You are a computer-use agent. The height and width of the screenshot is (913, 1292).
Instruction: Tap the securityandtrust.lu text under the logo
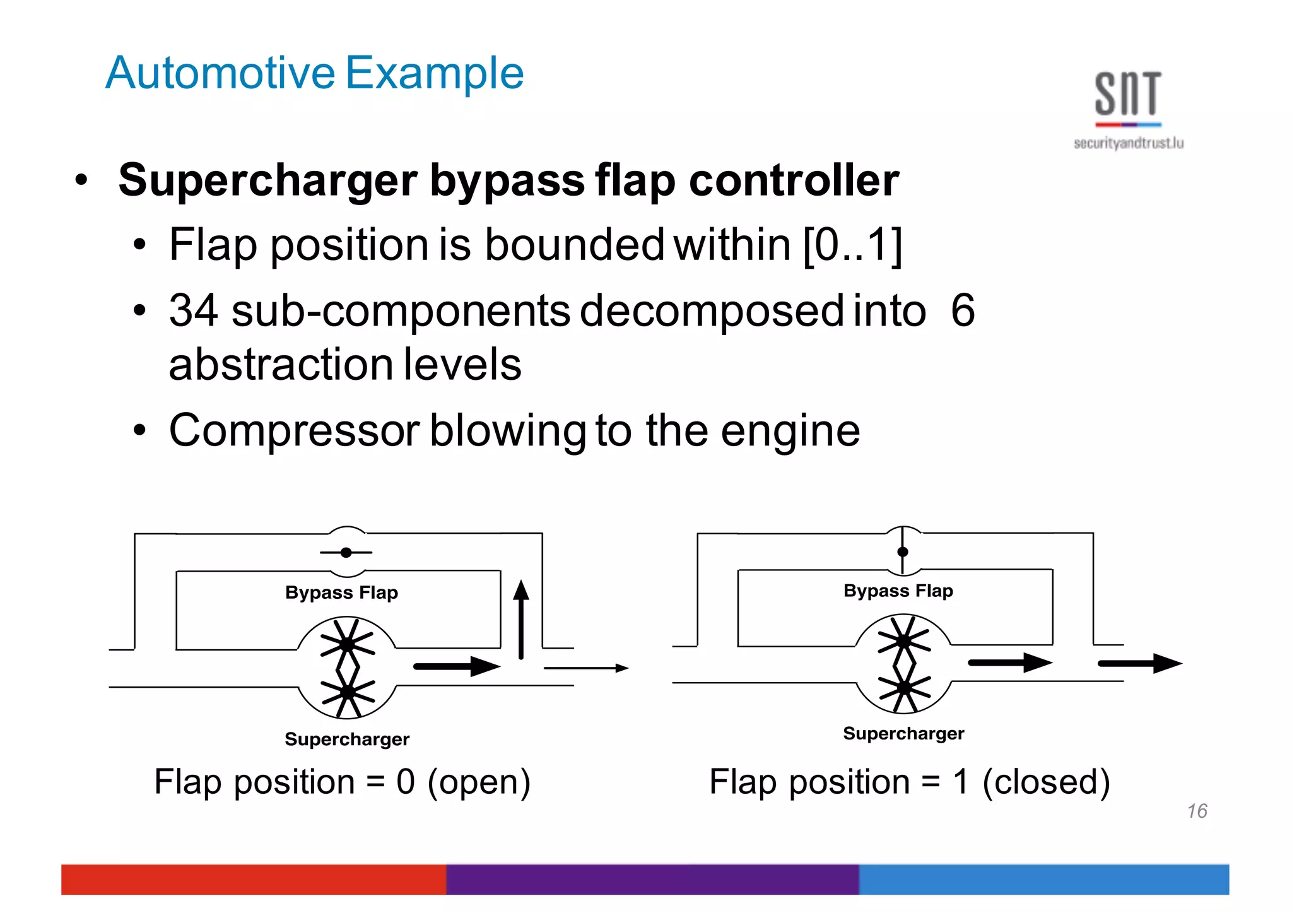(1128, 143)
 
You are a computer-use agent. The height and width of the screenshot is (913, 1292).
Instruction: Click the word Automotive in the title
(220, 73)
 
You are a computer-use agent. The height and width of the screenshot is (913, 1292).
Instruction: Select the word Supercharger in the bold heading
(267, 180)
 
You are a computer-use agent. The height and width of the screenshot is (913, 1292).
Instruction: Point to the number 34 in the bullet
(193, 310)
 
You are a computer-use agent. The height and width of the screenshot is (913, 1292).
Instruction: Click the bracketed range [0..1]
(852, 245)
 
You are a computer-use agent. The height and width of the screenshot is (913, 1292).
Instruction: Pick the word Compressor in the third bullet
(294, 431)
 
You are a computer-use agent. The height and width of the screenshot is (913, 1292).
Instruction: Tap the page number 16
(1197, 811)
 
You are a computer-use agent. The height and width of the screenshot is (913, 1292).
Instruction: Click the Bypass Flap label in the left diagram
(341, 592)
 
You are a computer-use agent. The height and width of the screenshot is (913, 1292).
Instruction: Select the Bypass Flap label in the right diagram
(898, 591)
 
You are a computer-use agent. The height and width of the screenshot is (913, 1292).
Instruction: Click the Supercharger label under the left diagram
(347, 739)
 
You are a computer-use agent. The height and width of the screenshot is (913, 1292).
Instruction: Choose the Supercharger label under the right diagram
(903, 733)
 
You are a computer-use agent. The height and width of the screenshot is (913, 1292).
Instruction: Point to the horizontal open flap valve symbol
(346, 553)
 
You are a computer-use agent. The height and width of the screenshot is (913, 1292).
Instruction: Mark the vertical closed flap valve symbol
(903, 551)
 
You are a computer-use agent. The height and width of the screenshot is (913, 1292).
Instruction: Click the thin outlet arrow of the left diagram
(586, 668)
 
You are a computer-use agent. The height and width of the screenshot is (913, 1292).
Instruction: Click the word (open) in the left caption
(479, 782)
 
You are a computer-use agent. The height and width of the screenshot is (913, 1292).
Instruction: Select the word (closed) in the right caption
(1046, 782)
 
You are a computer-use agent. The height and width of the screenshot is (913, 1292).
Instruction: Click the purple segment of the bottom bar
(652, 879)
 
